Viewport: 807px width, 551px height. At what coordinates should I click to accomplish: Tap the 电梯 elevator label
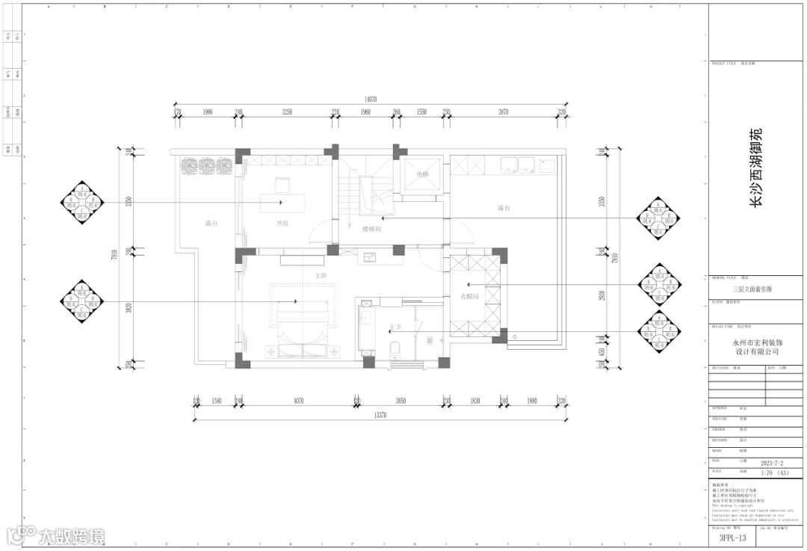(x=423, y=174)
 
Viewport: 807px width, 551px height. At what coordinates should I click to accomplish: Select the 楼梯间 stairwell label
(x=371, y=230)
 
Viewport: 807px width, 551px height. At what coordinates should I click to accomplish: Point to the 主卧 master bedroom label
(x=321, y=276)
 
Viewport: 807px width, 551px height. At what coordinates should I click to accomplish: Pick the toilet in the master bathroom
(x=395, y=348)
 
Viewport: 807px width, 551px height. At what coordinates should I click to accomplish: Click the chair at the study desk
(x=282, y=183)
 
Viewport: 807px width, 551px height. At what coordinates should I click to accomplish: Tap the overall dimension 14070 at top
(x=371, y=99)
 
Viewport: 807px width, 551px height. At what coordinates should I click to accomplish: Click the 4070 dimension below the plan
(x=297, y=401)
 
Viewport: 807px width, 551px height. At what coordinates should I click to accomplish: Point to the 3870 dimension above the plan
(x=503, y=112)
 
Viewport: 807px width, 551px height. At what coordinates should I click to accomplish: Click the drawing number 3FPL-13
(x=733, y=537)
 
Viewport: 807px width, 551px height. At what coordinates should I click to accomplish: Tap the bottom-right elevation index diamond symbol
(x=660, y=333)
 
